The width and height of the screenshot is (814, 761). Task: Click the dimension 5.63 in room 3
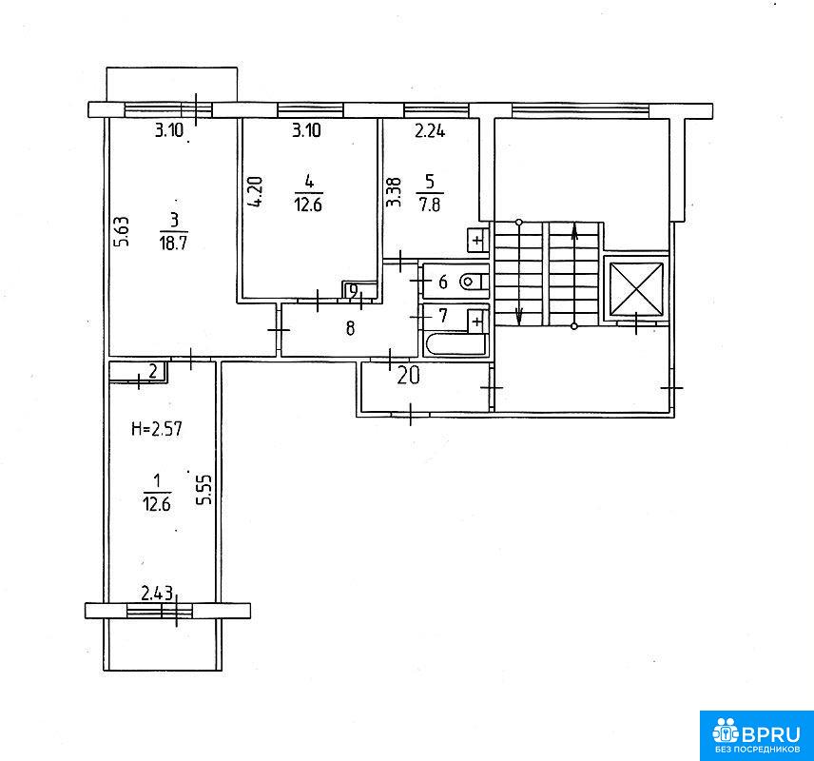[x=122, y=231]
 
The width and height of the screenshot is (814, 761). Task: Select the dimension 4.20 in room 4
[x=256, y=192]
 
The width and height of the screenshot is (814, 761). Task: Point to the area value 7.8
[x=430, y=205]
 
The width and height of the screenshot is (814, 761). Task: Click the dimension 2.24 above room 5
[x=430, y=130]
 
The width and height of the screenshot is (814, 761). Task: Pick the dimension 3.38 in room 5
[x=395, y=193]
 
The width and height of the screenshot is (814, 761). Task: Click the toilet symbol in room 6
[x=474, y=283]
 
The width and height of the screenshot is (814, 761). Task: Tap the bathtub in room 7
[x=455, y=344]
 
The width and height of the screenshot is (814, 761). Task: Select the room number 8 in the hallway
[x=350, y=328]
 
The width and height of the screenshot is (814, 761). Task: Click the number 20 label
[x=408, y=375]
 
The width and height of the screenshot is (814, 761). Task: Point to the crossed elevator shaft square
[x=636, y=289]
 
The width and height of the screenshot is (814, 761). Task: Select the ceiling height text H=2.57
[x=157, y=429]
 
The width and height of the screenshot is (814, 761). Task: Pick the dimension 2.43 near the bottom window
[x=157, y=593]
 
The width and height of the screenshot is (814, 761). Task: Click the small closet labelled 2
[x=138, y=371]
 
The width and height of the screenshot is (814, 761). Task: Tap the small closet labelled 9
[x=359, y=290]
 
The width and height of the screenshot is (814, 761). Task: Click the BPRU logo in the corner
[x=756, y=735]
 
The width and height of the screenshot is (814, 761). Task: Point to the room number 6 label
[x=443, y=283]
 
